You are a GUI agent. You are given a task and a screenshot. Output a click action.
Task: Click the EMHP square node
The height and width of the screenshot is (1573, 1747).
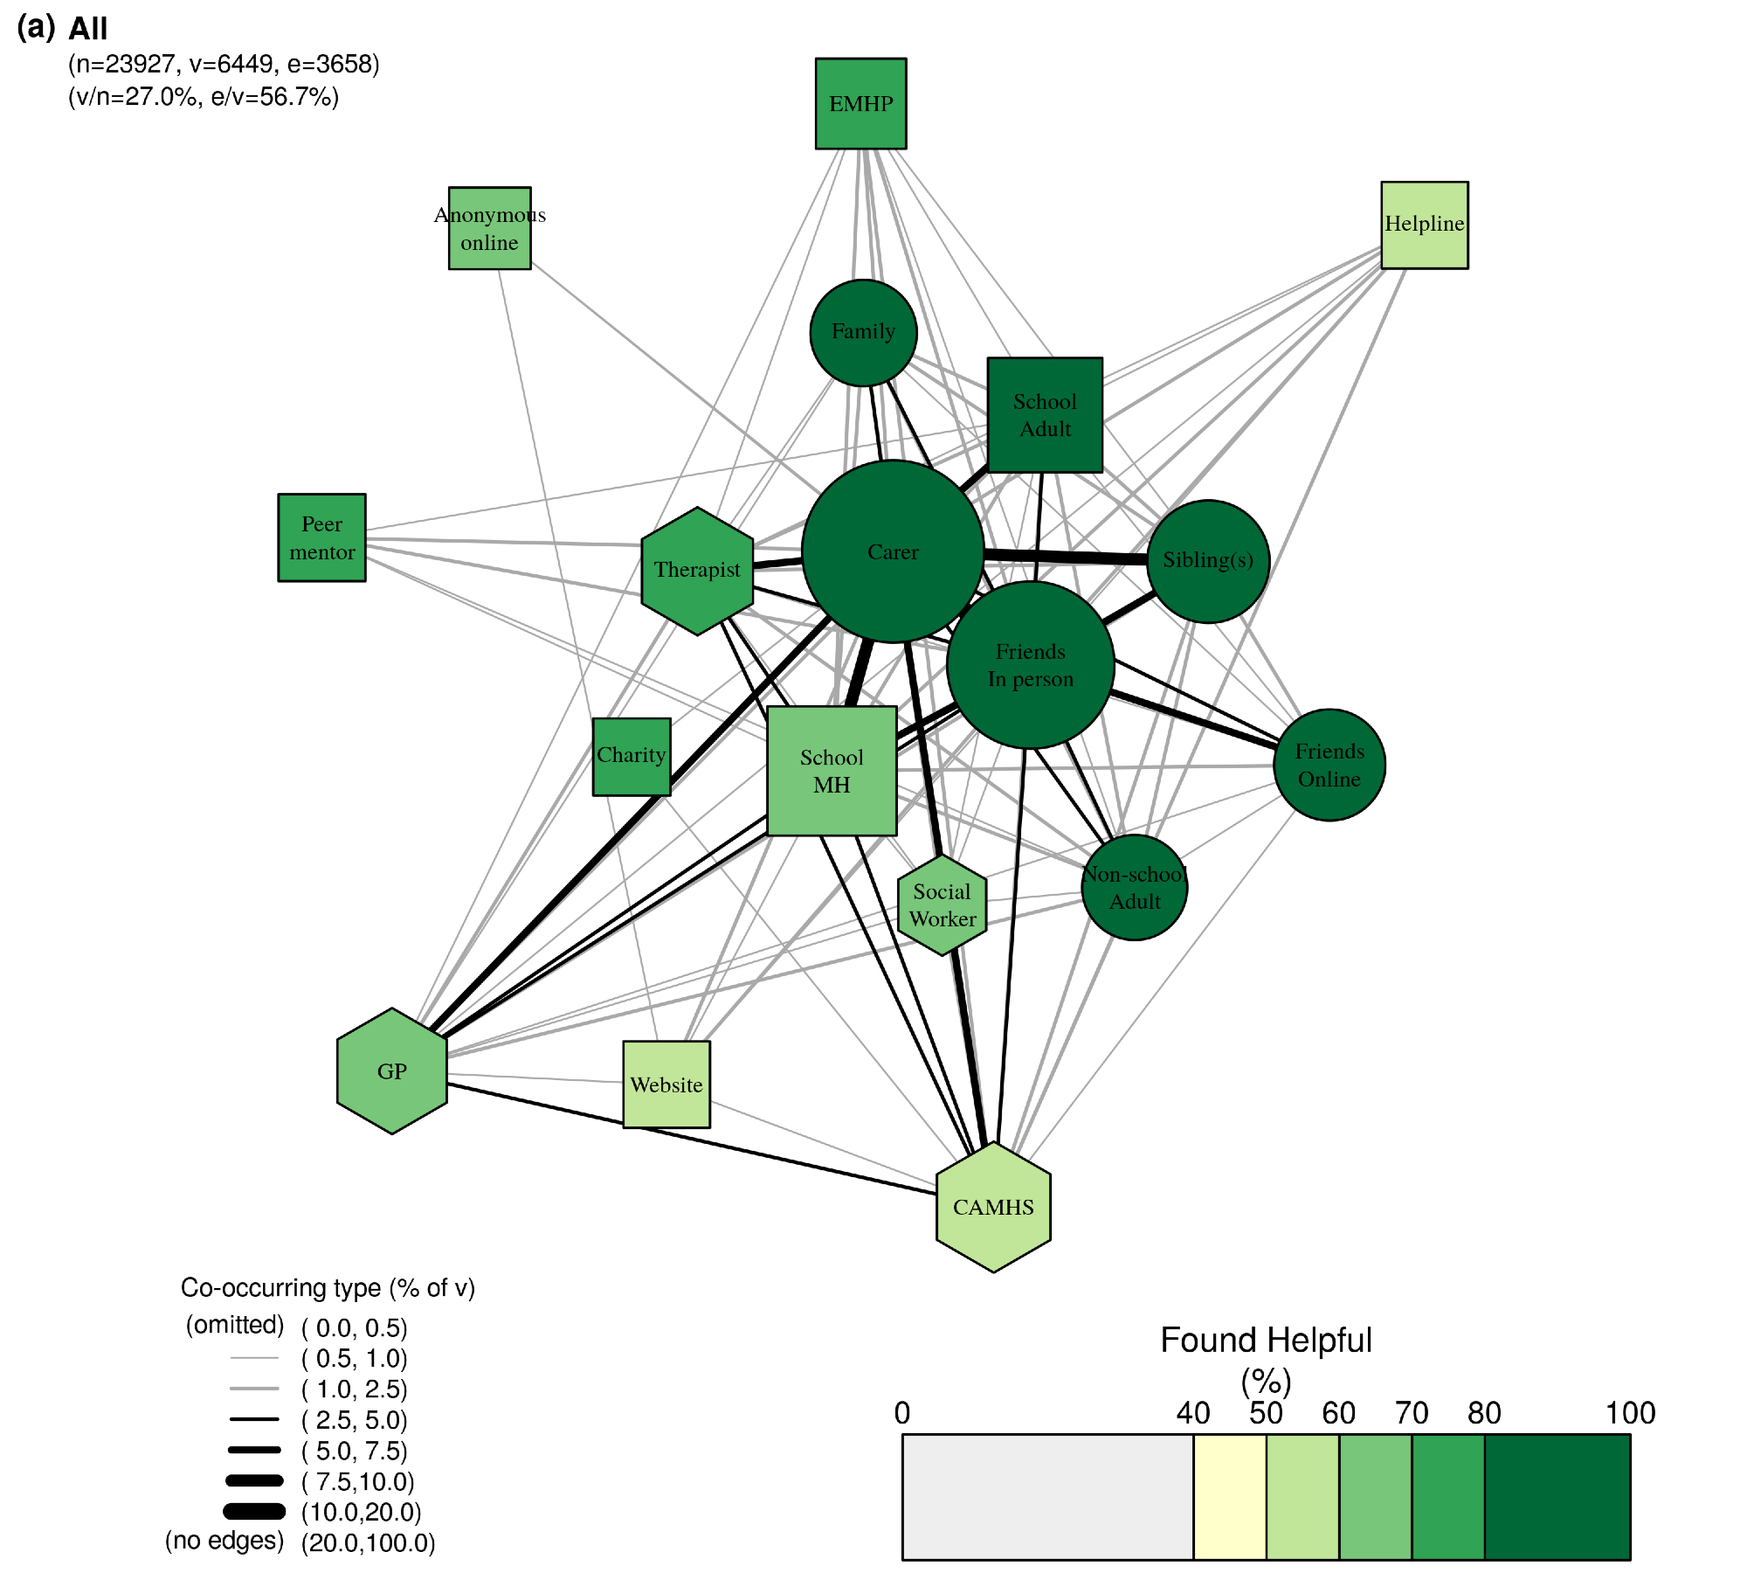pyautogui.click(x=860, y=104)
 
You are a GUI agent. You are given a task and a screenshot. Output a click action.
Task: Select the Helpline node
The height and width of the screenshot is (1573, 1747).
pyautogui.click(x=1424, y=225)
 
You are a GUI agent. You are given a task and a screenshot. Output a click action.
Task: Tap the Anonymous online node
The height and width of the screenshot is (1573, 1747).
pyautogui.click(x=489, y=228)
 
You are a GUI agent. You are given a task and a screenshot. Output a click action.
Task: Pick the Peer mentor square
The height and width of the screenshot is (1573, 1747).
pyautogui.click(x=321, y=537)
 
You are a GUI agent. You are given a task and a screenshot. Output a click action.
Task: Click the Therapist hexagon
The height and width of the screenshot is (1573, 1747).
pyautogui.click(x=697, y=571)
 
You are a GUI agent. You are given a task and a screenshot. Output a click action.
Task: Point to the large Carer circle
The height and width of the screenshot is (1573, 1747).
pyautogui.click(x=893, y=551)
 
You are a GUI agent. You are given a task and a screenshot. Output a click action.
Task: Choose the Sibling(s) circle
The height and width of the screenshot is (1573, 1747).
pyautogui.click(x=1208, y=561)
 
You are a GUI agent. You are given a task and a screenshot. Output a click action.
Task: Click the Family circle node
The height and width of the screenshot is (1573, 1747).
pyautogui.click(x=863, y=332)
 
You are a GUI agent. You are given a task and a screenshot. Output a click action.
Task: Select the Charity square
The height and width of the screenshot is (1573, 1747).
pyautogui.click(x=632, y=757)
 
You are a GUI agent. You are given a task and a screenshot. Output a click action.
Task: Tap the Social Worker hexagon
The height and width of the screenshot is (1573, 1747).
pyautogui.click(x=943, y=905)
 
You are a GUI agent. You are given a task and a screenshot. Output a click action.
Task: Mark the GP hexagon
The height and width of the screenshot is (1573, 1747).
pyautogui.click(x=392, y=1071)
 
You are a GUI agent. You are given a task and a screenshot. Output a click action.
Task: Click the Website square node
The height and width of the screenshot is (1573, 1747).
pyautogui.click(x=666, y=1084)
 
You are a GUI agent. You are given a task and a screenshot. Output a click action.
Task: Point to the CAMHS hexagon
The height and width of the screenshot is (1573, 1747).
pyautogui.click(x=993, y=1207)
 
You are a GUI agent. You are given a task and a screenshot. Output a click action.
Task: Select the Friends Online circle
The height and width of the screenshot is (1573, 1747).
pyautogui.click(x=1329, y=765)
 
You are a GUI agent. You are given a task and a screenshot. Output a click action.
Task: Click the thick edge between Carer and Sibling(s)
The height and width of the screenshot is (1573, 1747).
pyautogui.click(x=1066, y=556)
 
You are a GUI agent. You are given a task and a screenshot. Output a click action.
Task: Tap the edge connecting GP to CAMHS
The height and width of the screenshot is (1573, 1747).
pyautogui.click(x=699, y=1139)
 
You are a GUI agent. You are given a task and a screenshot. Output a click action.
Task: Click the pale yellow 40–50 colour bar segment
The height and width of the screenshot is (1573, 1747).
pyautogui.click(x=1229, y=1497)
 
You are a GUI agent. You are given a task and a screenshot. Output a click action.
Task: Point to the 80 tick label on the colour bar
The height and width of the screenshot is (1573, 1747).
pyautogui.click(x=1484, y=1414)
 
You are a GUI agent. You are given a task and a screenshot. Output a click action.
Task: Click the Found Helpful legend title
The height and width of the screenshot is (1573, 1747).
pyautogui.click(x=1266, y=1341)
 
